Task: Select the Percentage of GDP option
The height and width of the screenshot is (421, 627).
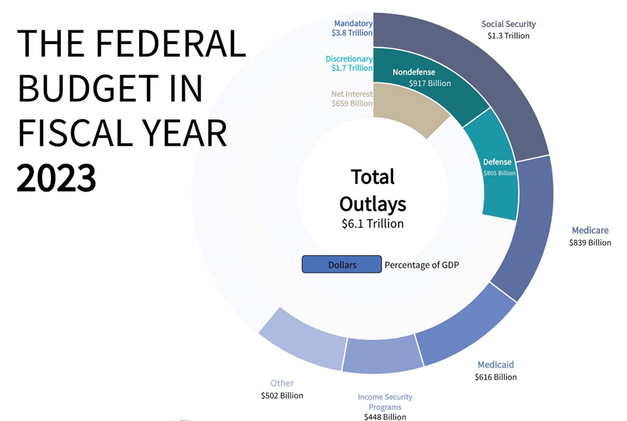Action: point(422,265)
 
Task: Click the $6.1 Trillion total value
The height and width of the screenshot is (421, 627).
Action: point(372,223)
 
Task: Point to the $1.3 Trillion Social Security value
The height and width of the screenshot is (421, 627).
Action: point(508,36)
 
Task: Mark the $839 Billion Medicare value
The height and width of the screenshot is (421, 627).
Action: point(590,243)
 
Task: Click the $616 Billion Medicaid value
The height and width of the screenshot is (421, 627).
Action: point(496,377)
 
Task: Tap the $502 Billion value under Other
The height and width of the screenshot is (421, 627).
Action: point(282,395)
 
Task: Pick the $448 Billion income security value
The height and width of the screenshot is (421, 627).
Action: point(385,416)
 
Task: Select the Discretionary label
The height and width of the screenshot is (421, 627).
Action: point(349,60)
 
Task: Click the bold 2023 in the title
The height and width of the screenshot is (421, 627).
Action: point(56,177)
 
